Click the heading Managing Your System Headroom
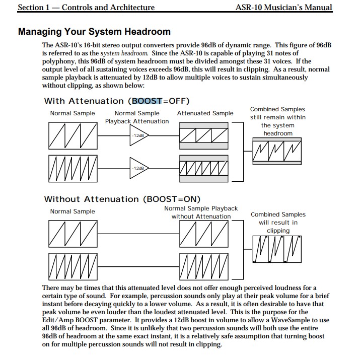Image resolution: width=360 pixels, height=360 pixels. point(94,31)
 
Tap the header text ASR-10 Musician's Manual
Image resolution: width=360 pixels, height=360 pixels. point(283,7)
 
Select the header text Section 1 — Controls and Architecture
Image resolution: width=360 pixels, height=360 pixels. point(86,7)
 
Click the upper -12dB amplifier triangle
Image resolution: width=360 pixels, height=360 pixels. point(137,135)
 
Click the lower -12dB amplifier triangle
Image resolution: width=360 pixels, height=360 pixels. point(137,167)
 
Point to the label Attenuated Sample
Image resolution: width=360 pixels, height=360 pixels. point(205,113)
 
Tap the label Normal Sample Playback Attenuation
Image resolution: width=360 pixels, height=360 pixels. point(137,117)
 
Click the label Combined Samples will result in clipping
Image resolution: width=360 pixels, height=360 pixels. point(278,223)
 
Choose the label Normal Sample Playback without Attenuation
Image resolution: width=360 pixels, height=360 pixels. point(201,212)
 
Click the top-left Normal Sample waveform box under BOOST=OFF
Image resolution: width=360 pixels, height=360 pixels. point(73,135)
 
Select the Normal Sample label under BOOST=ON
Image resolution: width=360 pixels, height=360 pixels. point(73,211)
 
